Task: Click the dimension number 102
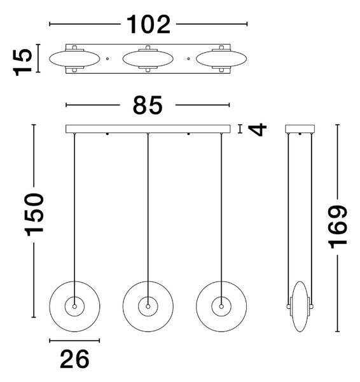pos(148,24)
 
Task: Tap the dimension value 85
pos(148,105)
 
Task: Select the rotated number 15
pos(22,62)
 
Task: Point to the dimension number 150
pos(34,215)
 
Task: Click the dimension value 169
pos(337,227)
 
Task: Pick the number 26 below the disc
pos(74,359)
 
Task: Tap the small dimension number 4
pos(258,129)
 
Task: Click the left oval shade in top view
pos(74,59)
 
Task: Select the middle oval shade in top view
pos(148,59)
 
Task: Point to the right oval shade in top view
pos(221,59)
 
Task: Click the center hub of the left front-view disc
pos(74,306)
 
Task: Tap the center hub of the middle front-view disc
pos(148,306)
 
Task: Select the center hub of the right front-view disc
pos(221,306)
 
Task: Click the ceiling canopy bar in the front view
pos(148,129)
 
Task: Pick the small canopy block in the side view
pos(300,129)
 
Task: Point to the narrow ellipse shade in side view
pos(300,306)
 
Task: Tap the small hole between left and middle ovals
pos(107,59)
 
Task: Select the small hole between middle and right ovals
pos(188,59)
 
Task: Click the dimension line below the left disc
pos(74,341)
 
